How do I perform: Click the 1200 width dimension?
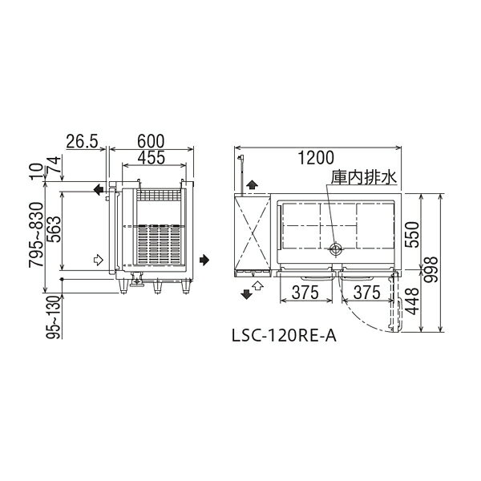click(x=316, y=158)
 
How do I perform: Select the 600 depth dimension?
click(x=151, y=141)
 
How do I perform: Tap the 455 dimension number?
click(x=152, y=157)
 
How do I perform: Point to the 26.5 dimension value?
click(x=82, y=141)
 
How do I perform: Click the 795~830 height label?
click(x=36, y=235)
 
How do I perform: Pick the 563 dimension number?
click(x=55, y=229)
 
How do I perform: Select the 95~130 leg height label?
click(x=54, y=317)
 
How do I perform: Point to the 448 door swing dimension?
click(x=411, y=301)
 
